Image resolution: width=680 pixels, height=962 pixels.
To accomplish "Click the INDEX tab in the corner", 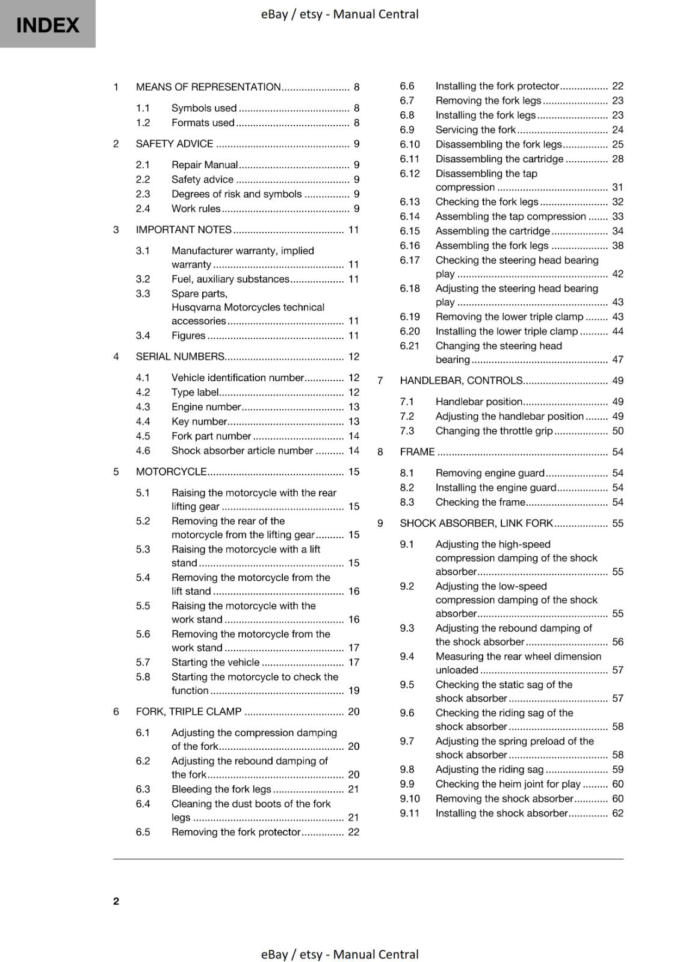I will (x=48, y=25).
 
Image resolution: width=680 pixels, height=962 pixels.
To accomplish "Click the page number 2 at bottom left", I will (x=116, y=901).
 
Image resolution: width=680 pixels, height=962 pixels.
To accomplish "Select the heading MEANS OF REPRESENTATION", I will (x=208, y=87).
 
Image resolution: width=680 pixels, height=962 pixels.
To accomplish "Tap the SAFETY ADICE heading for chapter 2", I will (x=175, y=144).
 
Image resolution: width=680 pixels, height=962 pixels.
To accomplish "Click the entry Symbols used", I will (x=204, y=108).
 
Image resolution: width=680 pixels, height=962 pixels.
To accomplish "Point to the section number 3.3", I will (x=143, y=293).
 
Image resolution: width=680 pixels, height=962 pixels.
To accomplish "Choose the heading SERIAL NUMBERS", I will (x=180, y=357).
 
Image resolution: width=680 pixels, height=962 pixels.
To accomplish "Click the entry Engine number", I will (x=206, y=407).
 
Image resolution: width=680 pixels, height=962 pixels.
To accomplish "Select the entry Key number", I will (x=199, y=421).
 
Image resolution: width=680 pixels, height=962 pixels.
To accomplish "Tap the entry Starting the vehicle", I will (x=215, y=662).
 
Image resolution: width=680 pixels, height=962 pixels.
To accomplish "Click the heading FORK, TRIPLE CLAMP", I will (x=188, y=712).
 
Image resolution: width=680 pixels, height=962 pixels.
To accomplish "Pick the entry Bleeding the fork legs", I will (x=221, y=789).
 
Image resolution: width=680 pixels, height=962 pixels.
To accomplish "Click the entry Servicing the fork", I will (x=475, y=130).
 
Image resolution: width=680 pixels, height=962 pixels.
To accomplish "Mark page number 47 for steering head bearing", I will (x=617, y=360).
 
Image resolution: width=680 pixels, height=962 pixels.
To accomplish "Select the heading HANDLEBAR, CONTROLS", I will (x=461, y=381).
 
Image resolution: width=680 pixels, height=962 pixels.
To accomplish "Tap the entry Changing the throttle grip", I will (x=493, y=431).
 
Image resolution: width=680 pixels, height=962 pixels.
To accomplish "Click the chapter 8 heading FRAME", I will (x=417, y=452).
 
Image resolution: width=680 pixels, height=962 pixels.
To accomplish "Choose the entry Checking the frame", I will (x=480, y=502).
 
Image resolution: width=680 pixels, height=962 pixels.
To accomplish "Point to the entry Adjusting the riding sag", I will (x=489, y=770).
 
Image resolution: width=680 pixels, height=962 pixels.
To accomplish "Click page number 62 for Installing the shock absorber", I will (x=617, y=813).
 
